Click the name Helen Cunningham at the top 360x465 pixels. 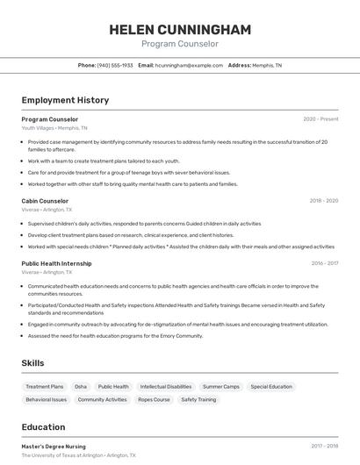pyautogui.click(x=180, y=30)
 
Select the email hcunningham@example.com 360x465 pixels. pyautogui.click(x=189, y=65)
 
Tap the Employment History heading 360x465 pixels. pyautogui.click(x=65, y=100)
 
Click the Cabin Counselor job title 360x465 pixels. pyautogui.click(x=45, y=200)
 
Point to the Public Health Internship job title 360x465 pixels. pyautogui.click(x=56, y=262)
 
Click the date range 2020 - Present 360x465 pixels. pyautogui.click(x=320, y=118)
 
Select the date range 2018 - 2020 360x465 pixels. pyautogui.click(x=323, y=200)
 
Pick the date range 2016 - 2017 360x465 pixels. pyautogui.click(x=324, y=262)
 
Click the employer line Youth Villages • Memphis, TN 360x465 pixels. pyautogui.click(x=54, y=128)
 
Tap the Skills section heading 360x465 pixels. pyautogui.click(x=33, y=362)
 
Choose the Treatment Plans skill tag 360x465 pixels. pyautogui.click(x=45, y=386)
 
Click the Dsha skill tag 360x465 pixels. pyautogui.click(x=81, y=386)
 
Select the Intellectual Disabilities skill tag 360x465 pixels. pyautogui.click(x=166, y=386)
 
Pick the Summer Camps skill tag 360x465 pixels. pyautogui.click(x=220, y=386)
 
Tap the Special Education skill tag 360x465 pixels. pyautogui.click(x=271, y=386)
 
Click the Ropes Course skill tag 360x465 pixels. pyautogui.click(x=154, y=399)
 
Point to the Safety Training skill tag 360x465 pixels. pyautogui.click(x=198, y=399)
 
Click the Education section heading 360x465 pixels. pyautogui.click(x=43, y=427)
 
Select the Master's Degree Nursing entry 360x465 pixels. pyautogui.click(x=54, y=446)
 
